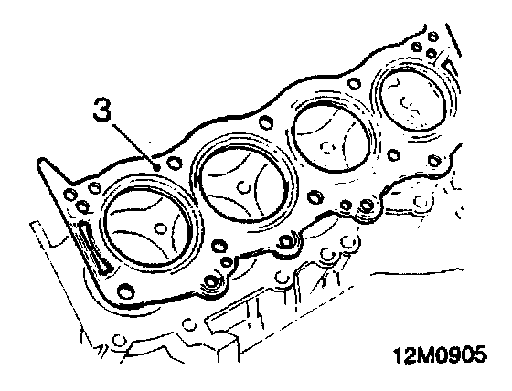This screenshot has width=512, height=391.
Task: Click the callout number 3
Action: click(102, 110)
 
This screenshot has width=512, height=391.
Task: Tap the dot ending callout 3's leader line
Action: click(157, 168)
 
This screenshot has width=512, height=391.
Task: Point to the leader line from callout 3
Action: click(133, 145)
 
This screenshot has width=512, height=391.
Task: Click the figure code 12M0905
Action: click(440, 354)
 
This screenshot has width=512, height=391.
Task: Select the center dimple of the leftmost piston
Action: click(160, 228)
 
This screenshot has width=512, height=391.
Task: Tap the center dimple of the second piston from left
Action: click(244, 186)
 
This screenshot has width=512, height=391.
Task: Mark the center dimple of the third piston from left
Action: click(327, 146)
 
